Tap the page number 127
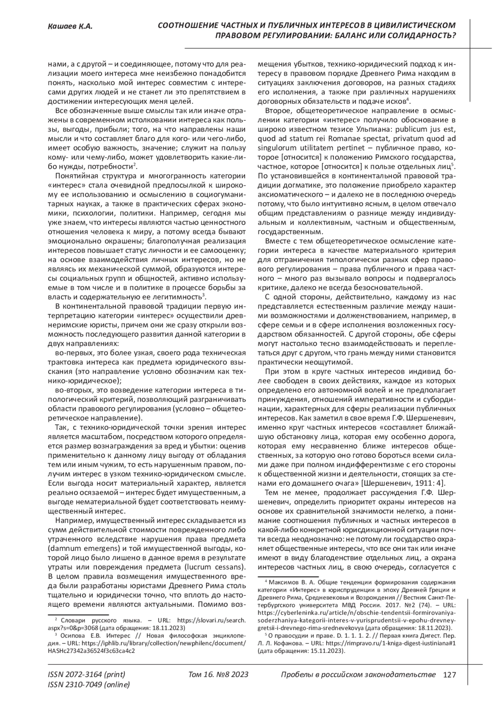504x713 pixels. point(449,675)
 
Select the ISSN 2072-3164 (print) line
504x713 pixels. point(87,675)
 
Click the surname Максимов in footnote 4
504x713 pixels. point(285,582)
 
